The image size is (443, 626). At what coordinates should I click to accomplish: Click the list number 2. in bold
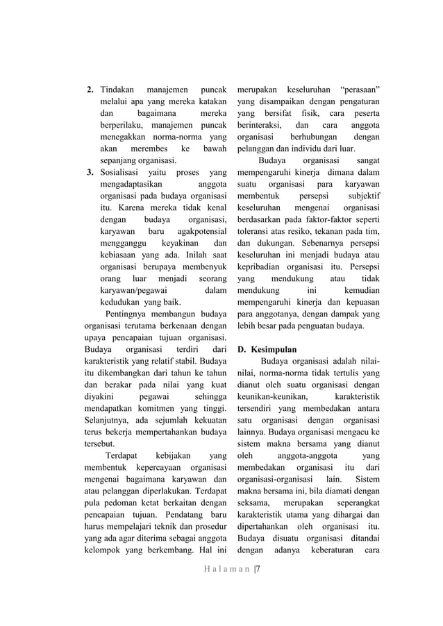click(90, 91)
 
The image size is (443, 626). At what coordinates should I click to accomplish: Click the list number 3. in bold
click(90, 172)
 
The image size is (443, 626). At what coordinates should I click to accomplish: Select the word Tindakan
click(117, 91)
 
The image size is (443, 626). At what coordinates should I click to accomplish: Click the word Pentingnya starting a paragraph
click(128, 314)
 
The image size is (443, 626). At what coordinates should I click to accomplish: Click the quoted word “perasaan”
click(359, 91)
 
